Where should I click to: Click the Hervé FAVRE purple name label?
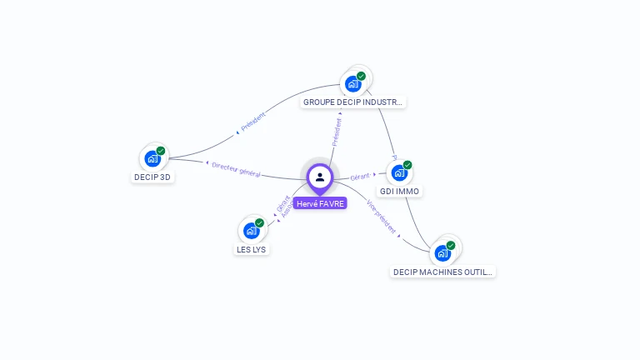tap(320, 203)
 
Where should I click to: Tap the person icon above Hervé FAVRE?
tap(320, 177)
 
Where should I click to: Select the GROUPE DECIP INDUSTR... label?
tap(353, 102)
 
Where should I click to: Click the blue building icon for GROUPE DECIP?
tap(353, 83)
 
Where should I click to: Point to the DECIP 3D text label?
tap(153, 177)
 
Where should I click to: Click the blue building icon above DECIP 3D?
tap(152, 158)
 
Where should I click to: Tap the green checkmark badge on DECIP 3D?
tap(161, 151)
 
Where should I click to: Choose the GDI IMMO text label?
tap(400, 191)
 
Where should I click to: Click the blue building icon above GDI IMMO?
tap(399, 172)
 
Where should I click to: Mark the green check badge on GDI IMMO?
tap(407, 165)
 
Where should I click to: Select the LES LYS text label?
tap(252, 249)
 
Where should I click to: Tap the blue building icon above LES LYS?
tap(251, 231)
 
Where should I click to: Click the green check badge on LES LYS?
tap(259, 223)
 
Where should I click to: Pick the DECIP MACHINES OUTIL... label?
tap(442, 272)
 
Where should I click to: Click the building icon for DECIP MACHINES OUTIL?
tap(442, 252)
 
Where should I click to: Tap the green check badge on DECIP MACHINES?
tap(451, 245)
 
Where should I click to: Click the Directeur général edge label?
tap(237, 170)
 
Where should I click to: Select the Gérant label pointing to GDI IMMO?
tap(360, 177)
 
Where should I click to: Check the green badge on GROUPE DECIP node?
tap(362, 76)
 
